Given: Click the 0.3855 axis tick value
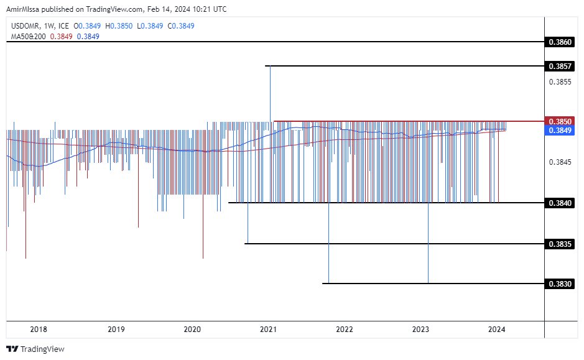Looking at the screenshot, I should tap(559, 81).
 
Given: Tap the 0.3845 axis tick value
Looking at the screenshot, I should tap(559, 162).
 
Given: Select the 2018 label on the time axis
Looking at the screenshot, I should tap(39, 330).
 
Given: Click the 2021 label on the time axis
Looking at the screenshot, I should tap(268, 330).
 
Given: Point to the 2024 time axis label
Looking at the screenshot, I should tap(497, 330).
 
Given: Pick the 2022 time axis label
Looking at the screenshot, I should tap(345, 330).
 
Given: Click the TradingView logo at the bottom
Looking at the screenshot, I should tap(35, 349).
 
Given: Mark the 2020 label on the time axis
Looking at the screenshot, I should tap(192, 330).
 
